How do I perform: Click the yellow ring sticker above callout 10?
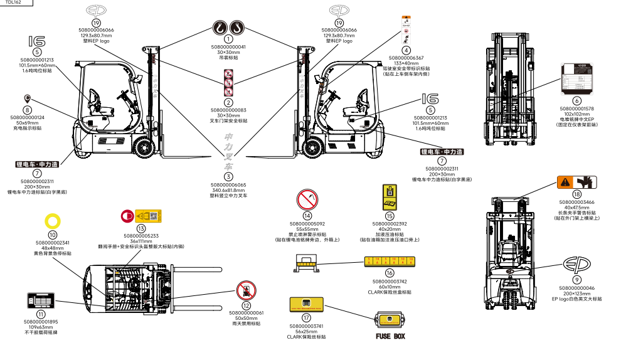click(x=53, y=220)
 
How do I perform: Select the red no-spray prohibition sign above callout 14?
click(x=307, y=201)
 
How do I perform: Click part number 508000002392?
click(x=390, y=223)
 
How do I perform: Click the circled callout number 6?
click(x=576, y=100)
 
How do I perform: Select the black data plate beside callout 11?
click(x=41, y=300)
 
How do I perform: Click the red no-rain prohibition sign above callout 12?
click(x=246, y=290)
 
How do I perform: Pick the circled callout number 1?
click(x=228, y=39)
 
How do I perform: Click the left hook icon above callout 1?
click(x=220, y=27)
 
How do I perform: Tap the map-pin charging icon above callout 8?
click(x=28, y=98)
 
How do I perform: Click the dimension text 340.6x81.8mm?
click(x=228, y=191)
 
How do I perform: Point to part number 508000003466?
click(x=577, y=202)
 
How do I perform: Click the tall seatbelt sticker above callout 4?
click(x=406, y=29)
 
